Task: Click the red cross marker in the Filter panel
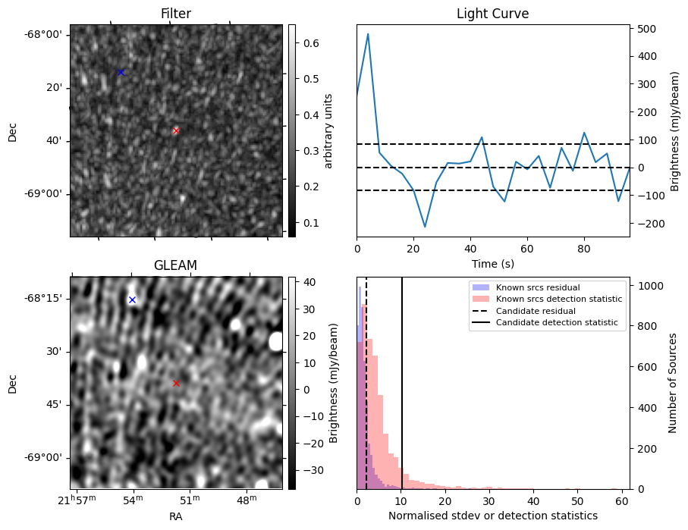coord(176,130)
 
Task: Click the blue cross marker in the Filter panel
coord(120,72)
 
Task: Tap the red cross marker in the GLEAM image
coord(176,383)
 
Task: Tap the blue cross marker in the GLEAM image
coord(132,299)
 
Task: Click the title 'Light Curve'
coord(492,14)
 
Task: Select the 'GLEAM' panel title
coord(175,265)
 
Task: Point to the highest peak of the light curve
coord(368,34)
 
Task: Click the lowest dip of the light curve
coord(425,227)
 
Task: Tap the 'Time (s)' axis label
coord(492,262)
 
